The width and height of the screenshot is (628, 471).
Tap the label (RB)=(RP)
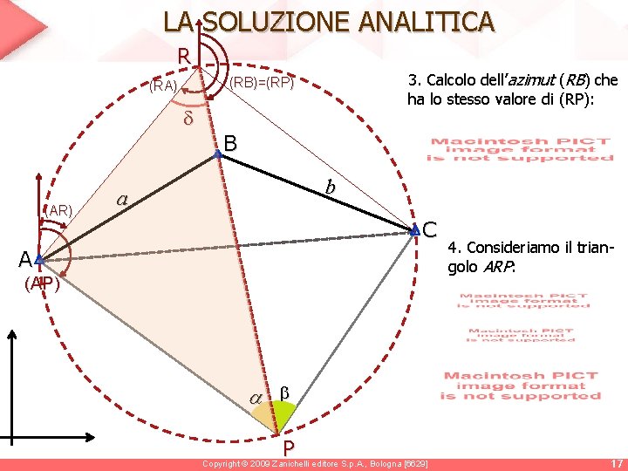261,84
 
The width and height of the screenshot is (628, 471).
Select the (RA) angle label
164,85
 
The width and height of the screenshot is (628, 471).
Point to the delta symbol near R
187,119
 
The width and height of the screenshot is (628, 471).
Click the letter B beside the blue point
230,142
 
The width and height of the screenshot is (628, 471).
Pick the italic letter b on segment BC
330,187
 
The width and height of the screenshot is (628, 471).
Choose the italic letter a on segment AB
123,200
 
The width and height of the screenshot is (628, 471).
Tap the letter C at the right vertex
429,230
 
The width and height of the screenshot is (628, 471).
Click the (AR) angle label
60,210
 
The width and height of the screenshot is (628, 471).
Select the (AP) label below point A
42,284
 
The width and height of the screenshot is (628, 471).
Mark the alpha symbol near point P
256,398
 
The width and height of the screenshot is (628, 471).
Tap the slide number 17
617,463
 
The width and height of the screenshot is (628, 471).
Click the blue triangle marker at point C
415,231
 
